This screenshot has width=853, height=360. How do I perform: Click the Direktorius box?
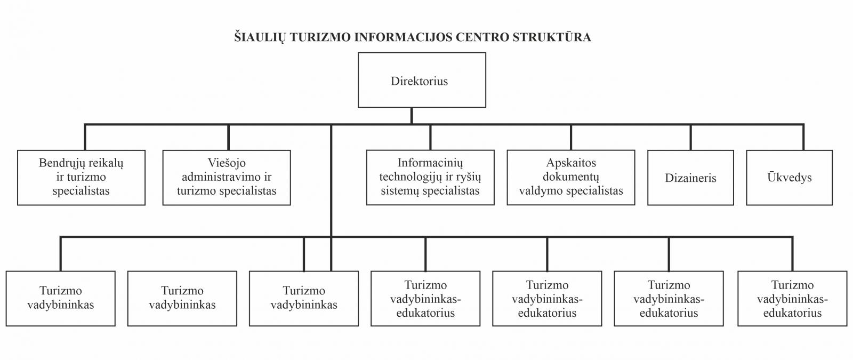click(422, 80)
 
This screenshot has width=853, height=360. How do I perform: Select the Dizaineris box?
click(691, 178)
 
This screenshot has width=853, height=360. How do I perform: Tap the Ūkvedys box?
click(790, 178)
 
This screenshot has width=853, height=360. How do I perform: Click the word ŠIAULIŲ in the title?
click(260, 37)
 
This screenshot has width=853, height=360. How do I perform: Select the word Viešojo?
click(227, 163)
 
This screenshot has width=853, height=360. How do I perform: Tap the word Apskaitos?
click(571, 163)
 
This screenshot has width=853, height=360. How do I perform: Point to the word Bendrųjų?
click(61, 163)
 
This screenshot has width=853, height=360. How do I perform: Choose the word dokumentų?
click(571, 177)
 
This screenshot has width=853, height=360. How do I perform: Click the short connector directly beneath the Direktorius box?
click(412, 116)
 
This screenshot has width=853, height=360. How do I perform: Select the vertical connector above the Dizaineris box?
click(691, 137)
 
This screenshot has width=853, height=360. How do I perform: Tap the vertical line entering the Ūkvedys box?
click(803, 137)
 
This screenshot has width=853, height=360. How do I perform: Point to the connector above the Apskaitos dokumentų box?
click(571, 137)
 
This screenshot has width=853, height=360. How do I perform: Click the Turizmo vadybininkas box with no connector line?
click(182, 298)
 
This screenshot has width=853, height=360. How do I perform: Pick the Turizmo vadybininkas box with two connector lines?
click(304, 298)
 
